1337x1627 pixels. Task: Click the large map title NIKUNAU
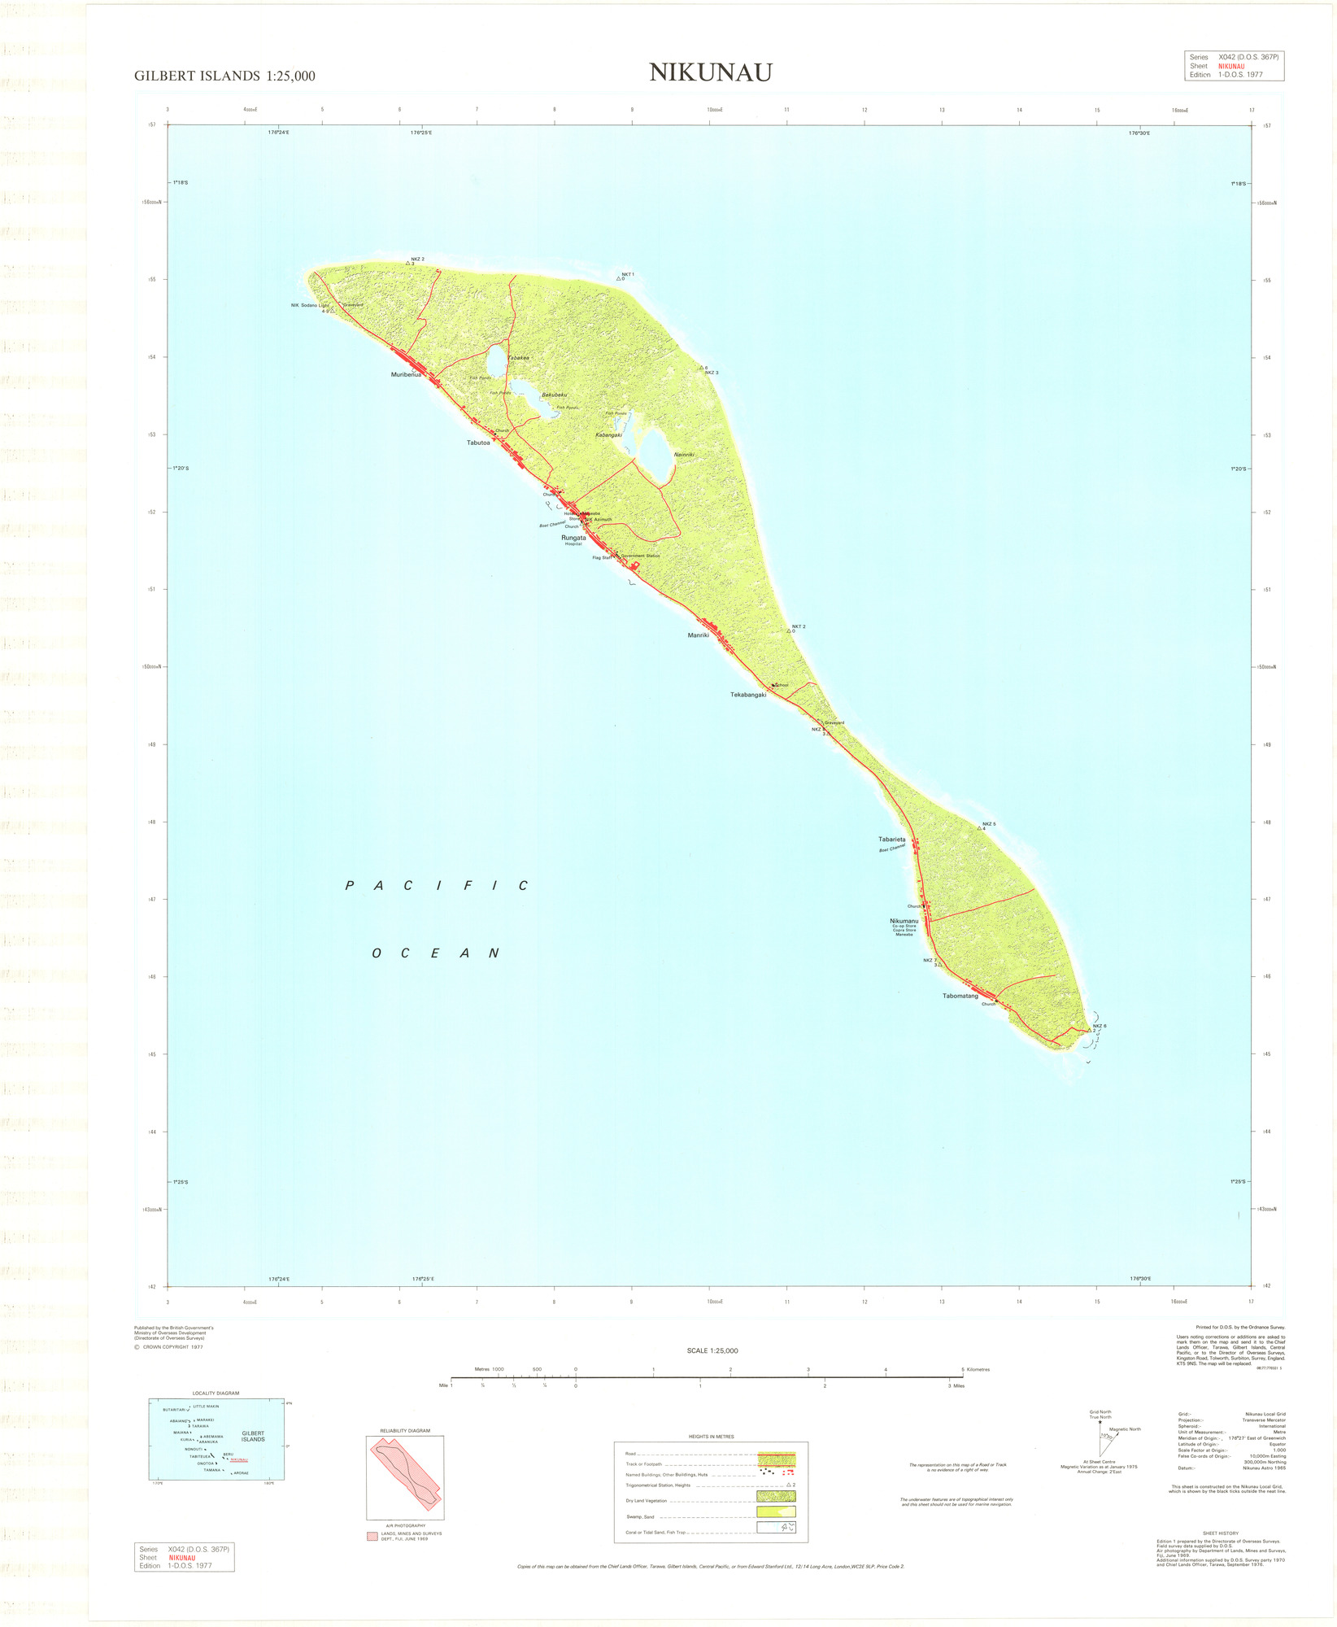point(710,72)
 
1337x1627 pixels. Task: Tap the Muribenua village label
point(406,375)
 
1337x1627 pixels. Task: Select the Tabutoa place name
point(478,443)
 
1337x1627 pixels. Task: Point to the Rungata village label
point(573,538)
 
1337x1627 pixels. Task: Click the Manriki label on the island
point(699,635)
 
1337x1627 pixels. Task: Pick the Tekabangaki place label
point(748,695)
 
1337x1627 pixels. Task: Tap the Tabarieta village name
point(891,839)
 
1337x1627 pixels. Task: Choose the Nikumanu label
point(904,921)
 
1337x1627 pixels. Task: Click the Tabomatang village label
point(960,996)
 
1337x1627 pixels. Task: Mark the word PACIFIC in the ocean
point(438,885)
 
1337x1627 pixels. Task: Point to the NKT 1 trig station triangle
point(620,279)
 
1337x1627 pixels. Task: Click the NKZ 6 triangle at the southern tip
point(1089,1030)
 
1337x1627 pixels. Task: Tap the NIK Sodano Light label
point(310,305)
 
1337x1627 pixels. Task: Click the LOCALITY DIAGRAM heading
point(216,1393)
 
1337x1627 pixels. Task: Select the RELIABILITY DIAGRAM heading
point(405,1430)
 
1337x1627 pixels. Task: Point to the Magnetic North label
point(1125,1429)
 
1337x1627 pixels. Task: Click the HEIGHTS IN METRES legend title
point(711,1436)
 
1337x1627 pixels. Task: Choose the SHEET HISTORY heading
point(1221,1533)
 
